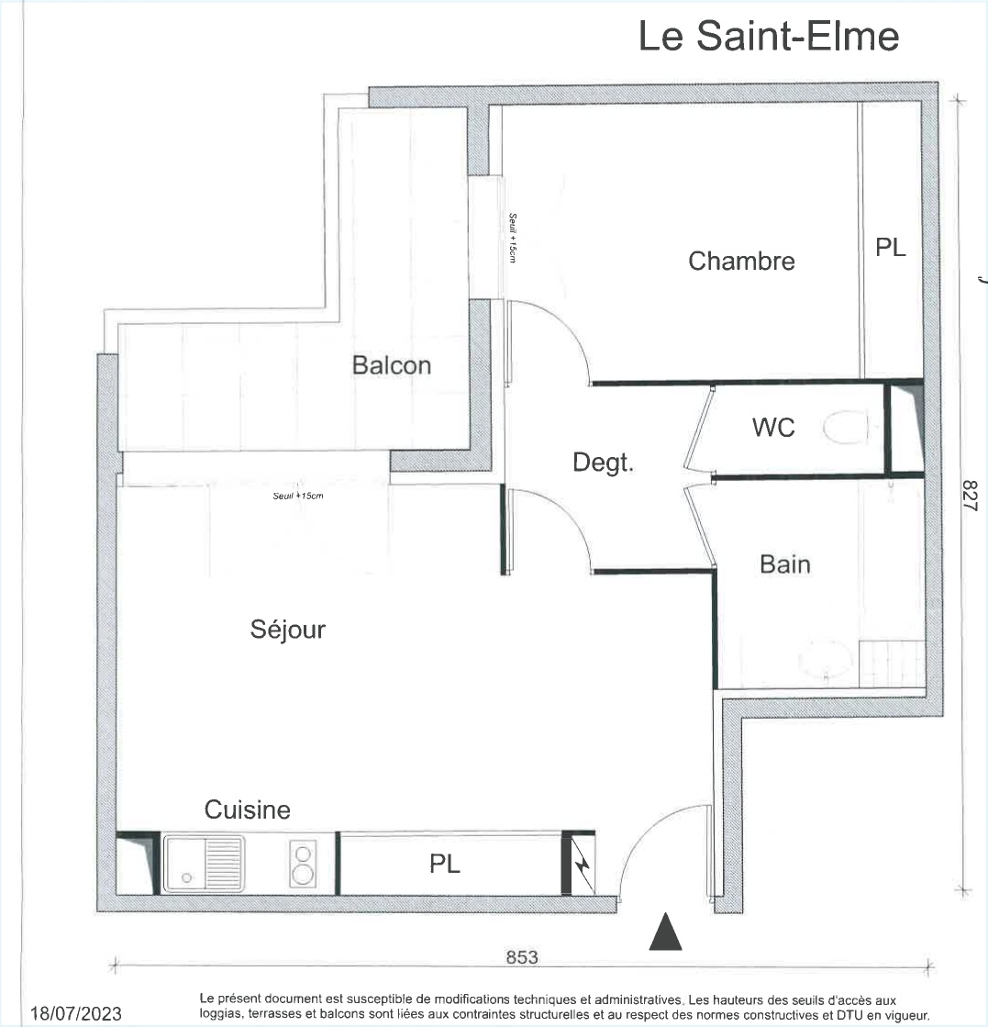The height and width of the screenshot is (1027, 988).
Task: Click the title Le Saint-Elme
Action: tap(769, 36)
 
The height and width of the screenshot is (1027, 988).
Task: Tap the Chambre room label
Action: tap(741, 261)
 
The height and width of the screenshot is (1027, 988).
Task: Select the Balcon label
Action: tap(392, 365)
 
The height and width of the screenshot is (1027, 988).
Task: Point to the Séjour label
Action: tap(287, 630)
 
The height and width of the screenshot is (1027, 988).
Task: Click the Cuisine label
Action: tap(248, 809)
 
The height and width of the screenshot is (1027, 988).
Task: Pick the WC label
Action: tap(773, 428)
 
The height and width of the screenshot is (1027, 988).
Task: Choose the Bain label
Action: tap(785, 564)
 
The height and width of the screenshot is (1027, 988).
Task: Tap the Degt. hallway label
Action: tap(603, 463)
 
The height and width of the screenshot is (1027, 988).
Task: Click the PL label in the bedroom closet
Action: tap(891, 248)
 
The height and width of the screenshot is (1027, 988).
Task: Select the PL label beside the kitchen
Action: tap(445, 864)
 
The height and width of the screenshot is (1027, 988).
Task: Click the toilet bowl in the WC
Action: tap(845, 428)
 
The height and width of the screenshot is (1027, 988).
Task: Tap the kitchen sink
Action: tap(204, 864)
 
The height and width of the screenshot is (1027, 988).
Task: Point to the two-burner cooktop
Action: tap(303, 864)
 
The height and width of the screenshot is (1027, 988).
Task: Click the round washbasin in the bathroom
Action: tap(825, 660)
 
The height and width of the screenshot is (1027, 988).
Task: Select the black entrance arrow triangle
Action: tap(665, 932)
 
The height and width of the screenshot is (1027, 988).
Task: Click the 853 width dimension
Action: tap(522, 957)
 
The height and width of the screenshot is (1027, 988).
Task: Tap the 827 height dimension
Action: tap(971, 496)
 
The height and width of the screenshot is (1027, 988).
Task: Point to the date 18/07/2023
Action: tap(76, 1014)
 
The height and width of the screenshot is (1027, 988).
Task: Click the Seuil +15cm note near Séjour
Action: tap(298, 496)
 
